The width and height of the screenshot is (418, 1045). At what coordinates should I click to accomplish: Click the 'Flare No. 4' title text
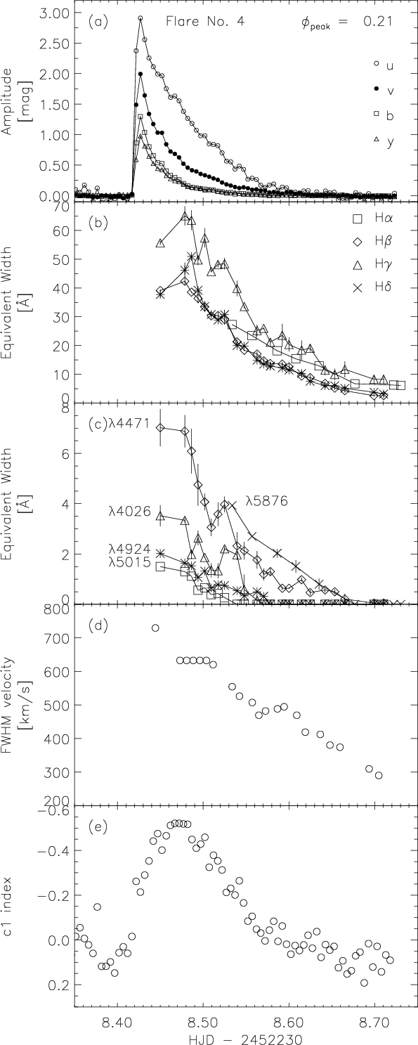pos(205,22)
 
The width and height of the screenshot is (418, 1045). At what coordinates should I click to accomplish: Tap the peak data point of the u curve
pos(141,18)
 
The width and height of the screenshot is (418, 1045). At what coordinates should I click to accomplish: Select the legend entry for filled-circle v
pos(383,91)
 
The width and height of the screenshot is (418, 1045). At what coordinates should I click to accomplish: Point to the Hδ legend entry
pos(372,287)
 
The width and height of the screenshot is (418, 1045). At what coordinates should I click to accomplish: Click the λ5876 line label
pos(268,502)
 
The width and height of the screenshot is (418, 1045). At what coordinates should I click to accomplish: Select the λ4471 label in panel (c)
pos(129,424)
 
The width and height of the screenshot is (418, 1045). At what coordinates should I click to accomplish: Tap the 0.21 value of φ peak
pos(377,22)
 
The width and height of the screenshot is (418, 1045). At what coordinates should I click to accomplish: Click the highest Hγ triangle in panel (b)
pos(185,217)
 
